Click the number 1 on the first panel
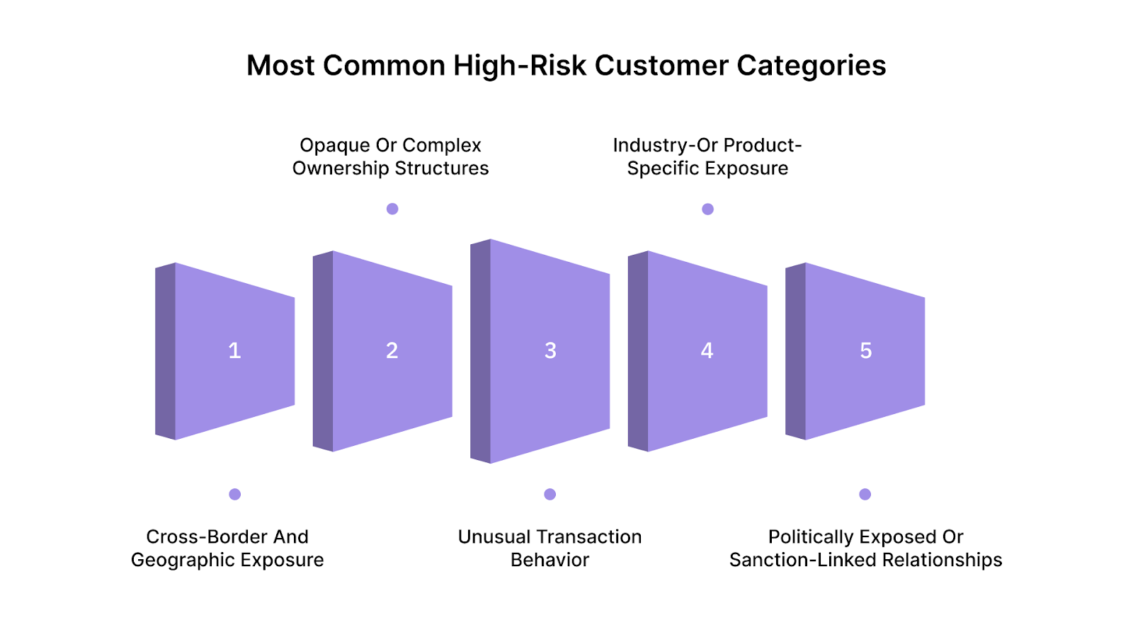(x=234, y=350)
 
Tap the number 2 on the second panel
(x=392, y=350)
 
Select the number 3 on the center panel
(x=550, y=350)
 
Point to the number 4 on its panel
(x=707, y=350)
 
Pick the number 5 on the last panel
(x=865, y=350)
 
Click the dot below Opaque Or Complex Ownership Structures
(x=392, y=209)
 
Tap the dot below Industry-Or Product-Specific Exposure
(x=707, y=209)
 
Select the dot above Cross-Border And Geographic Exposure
(x=235, y=494)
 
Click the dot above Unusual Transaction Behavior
(x=550, y=494)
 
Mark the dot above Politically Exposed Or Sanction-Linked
(x=865, y=494)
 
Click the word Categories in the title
(x=811, y=66)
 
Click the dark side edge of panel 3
(x=480, y=351)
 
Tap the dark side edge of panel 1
(x=165, y=351)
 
